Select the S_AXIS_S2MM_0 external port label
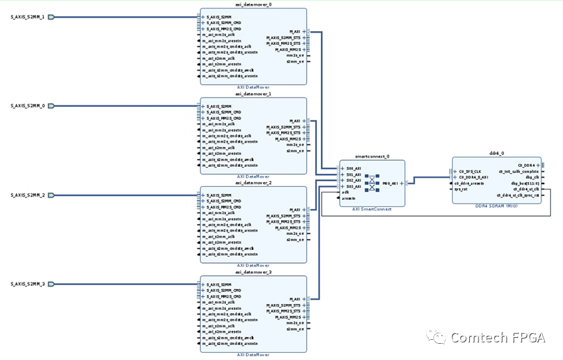27,105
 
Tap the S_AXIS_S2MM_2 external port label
27,195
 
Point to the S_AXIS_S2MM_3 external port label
27,284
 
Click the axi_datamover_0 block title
253,4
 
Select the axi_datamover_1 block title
253,94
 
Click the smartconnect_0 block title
371,156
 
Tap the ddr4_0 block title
497,153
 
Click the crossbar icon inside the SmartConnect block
372,183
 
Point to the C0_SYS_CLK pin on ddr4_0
469,171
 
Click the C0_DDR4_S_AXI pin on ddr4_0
473,177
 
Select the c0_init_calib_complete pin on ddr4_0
519,171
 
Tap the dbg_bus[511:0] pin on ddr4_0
525,183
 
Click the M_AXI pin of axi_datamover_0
295,31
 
